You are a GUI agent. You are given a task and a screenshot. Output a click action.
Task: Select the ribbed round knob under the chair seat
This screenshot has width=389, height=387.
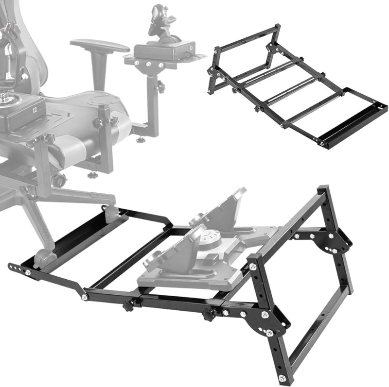[59, 180]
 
